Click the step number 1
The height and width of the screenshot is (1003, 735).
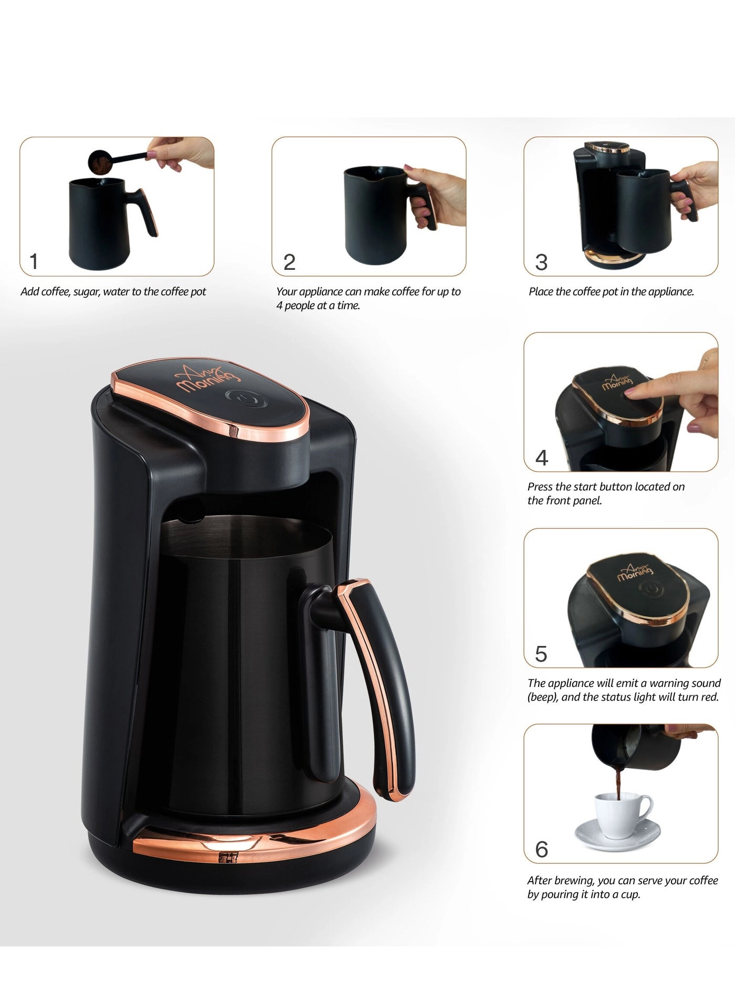[x=34, y=261]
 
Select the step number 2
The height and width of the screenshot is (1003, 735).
[x=289, y=262]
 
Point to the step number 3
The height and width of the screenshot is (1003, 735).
[x=541, y=262]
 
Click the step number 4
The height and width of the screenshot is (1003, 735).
[x=541, y=458]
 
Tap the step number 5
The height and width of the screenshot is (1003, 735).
[x=541, y=654]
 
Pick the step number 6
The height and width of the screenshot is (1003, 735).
[x=541, y=850]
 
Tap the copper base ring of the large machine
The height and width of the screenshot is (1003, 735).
[x=252, y=840]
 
